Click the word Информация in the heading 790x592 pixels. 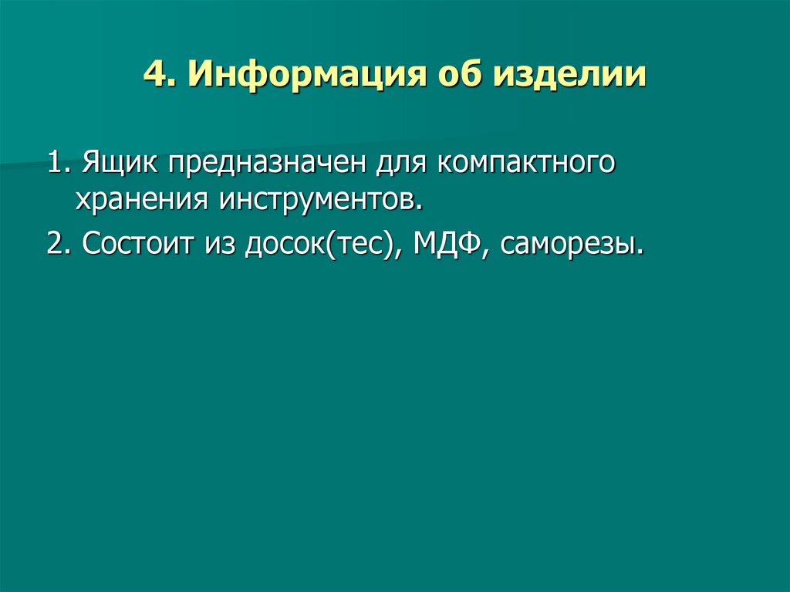[301, 76]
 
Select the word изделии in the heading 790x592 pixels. [570, 76]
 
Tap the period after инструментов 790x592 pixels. [421, 209]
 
